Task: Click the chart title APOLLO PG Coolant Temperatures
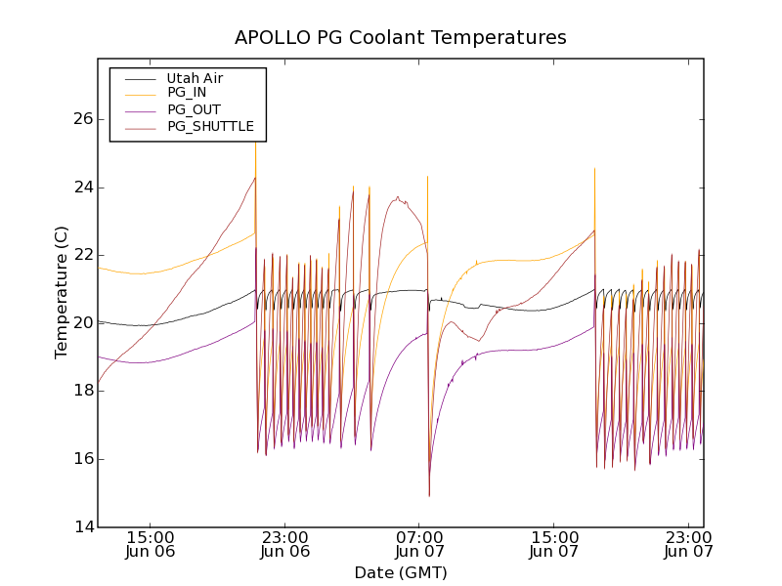click(401, 38)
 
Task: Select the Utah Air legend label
click(195, 78)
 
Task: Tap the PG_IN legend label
click(187, 94)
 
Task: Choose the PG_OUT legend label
click(194, 109)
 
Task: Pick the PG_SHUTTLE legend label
click(210, 126)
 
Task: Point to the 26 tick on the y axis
click(82, 119)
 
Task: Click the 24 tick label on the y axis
click(82, 188)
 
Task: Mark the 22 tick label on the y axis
click(82, 255)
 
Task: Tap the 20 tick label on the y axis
click(82, 323)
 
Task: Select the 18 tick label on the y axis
click(82, 391)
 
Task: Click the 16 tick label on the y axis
click(82, 459)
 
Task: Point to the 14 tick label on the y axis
click(82, 527)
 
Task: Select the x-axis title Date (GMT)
click(401, 572)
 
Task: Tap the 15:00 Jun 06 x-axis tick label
click(151, 544)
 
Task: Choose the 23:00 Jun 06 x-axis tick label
click(285, 544)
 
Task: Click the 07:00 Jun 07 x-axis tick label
click(420, 544)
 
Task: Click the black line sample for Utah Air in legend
click(139, 78)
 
